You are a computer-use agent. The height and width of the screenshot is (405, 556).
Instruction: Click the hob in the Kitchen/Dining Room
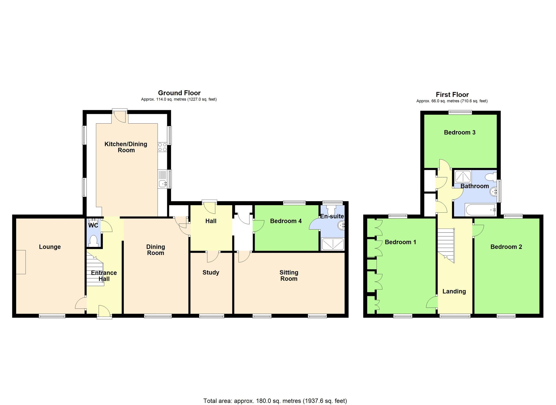tap(162, 147)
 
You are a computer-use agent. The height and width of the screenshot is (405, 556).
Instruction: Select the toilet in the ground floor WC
tap(94, 240)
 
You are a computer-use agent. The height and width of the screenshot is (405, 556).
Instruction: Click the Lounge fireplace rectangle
tap(21, 262)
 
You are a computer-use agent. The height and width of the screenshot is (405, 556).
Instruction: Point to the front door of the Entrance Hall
tap(105, 311)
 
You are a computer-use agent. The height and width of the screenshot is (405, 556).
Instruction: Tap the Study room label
tap(211, 273)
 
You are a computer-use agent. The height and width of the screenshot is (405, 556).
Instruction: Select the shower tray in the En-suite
tap(332, 244)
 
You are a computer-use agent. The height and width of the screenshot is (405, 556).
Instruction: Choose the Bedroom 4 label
tap(286, 221)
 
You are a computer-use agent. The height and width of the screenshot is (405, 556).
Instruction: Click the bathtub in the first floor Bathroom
tap(481, 210)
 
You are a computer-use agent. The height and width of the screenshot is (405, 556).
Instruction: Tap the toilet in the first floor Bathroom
tap(491, 177)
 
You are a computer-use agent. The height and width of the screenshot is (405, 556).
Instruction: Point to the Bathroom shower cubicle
tap(463, 176)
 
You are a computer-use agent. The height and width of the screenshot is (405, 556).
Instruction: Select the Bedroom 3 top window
tap(460, 112)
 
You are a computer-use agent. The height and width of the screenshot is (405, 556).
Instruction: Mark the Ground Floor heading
tap(179, 93)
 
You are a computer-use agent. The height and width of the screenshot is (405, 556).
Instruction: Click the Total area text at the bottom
tap(275, 401)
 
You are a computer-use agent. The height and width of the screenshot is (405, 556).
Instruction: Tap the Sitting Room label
tap(289, 276)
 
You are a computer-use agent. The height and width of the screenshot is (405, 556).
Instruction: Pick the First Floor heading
tap(452, 95)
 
